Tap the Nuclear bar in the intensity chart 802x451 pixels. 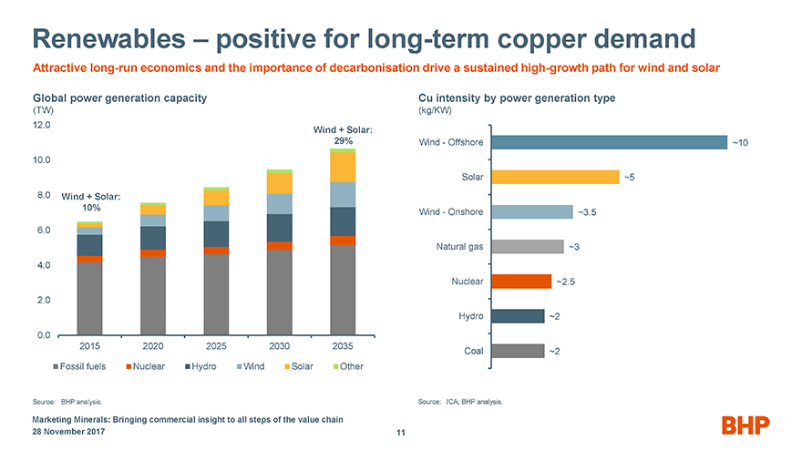(520, 282)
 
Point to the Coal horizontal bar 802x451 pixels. (517, 351)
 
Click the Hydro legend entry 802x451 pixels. (206, 367)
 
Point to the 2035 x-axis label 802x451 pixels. (343, 347)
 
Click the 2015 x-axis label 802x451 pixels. (89, 347)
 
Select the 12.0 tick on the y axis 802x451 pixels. (43, 125)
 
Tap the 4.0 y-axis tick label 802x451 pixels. (43, 265)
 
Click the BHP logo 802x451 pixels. (745, 425)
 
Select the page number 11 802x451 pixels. (400, 433)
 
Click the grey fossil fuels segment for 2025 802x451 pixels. (216, 294)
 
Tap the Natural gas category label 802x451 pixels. (460, 247)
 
